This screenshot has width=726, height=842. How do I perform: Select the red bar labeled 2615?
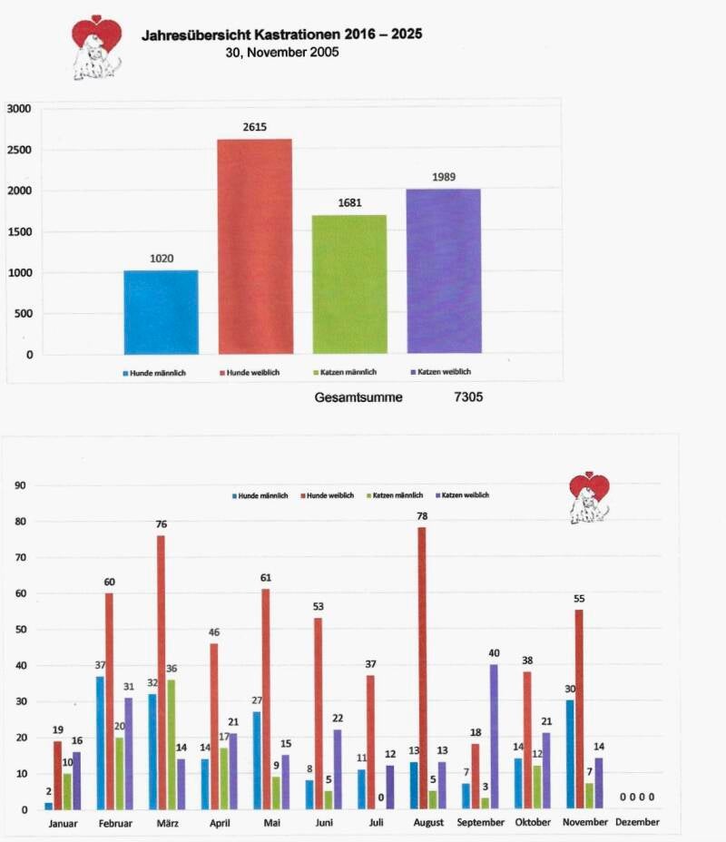pyautogui.click(x=255, y=246)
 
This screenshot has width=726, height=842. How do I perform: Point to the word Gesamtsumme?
pyautogui.click(x=358, y=397)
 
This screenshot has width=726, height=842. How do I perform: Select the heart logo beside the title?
pyautogui.click(x=97, y=45)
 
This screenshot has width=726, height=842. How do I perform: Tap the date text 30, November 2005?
pyautogui.click(x=281, y=53)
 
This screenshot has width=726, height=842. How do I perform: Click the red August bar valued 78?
pyautogui.click(x=421, y=668)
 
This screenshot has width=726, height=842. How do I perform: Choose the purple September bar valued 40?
pyautogui.click(x=494, y=736)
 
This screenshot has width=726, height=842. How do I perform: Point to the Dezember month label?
pyautogui.click(x=637, y=823)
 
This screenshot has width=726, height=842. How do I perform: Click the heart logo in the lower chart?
pyautogui.click(x=589, y=496)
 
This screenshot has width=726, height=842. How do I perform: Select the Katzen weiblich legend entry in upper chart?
pyautogui.click(x=445, y=372)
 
